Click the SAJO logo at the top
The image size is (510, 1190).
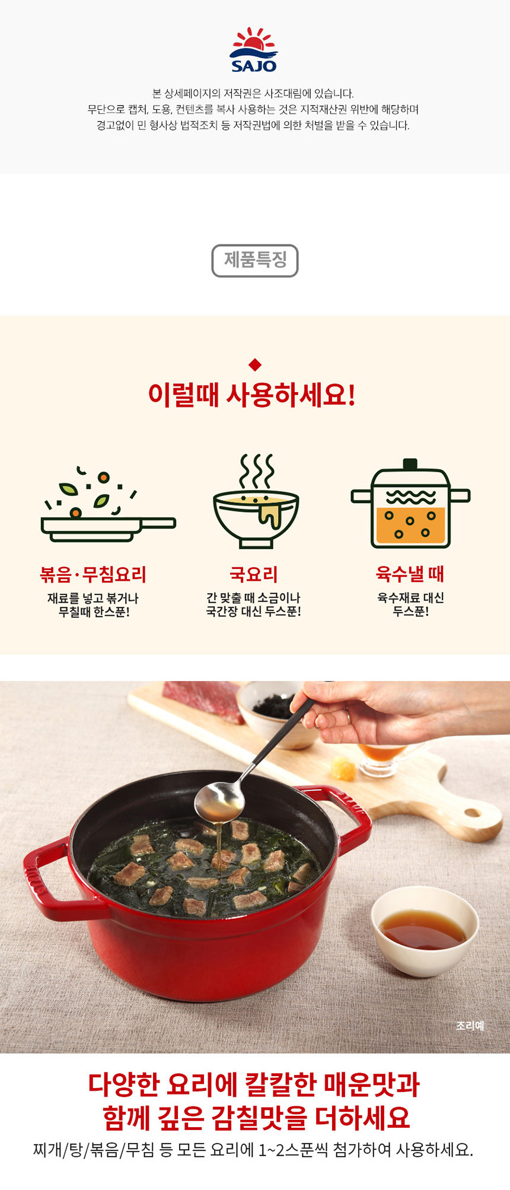(254, 50)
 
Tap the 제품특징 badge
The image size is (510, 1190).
(255, 260)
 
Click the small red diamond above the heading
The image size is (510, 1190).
(255, 364)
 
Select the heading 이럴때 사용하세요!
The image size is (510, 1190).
(252, 395)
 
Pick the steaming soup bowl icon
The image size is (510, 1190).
(256, 501)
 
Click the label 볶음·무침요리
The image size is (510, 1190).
(93, 574)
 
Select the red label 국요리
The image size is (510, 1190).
(254, 574)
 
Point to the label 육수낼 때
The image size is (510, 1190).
(410, 574)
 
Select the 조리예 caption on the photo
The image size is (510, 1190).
(470, 1026)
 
